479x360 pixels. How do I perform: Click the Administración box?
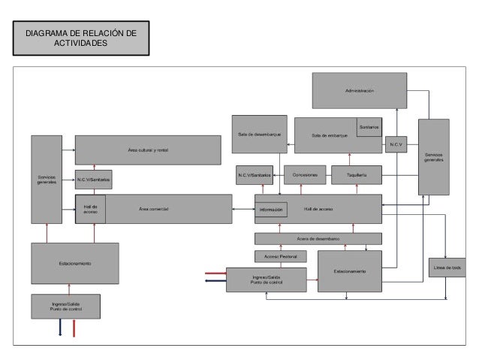click(x=360, y=90)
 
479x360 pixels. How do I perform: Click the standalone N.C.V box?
click(x=396, y=144)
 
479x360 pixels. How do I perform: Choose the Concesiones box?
click(x=305, y=175)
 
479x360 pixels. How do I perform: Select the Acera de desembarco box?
click(x=318, y=239)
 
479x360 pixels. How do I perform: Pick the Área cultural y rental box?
click(x=148, y=150)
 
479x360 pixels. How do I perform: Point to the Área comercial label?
click(x=154, y=207)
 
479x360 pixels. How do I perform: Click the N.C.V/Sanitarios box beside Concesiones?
click(x=254, y=175)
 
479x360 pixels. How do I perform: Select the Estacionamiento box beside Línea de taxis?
click(x=350, y=271)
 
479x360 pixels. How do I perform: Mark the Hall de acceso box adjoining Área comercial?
click(x=90, y=208)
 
